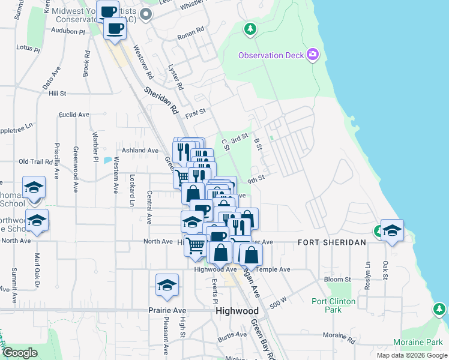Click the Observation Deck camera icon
point(312,55)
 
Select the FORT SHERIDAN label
point(332,242)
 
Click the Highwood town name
point(237,311)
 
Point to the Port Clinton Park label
point(333,305)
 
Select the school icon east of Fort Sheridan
point(392,230)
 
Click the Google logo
point(20,353)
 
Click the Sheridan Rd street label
point(162,100)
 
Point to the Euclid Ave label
point(74,115)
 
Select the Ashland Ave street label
point(140,150)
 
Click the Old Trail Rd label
point(36,161)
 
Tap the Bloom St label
point(337,280)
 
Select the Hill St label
point(58,94)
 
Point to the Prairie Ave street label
point(167,311)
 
